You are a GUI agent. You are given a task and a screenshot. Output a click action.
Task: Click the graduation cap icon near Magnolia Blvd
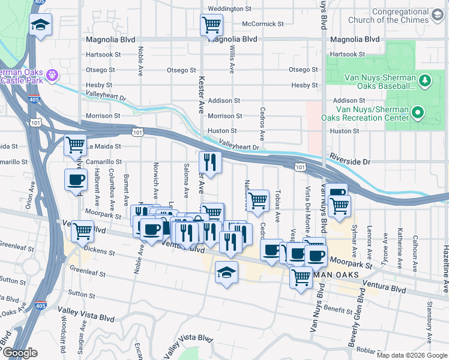pos(41,25)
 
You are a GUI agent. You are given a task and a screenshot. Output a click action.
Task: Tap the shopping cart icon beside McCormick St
pos(211,25)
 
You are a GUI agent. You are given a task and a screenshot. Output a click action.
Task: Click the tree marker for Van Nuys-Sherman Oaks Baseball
pos(425,80)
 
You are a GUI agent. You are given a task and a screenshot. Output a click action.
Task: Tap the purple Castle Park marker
pos(52,76)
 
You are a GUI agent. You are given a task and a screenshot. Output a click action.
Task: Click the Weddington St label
pos(229,9)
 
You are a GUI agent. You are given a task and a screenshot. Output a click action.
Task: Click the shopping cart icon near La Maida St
pos(76,145)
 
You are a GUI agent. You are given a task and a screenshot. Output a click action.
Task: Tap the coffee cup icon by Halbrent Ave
pos(76,179)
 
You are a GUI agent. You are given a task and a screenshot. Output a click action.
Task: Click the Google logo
pos(20,353)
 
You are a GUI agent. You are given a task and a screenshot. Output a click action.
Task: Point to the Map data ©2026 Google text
pos(412,355)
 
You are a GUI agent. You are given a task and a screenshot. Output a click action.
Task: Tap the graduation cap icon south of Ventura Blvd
pos(227,272)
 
